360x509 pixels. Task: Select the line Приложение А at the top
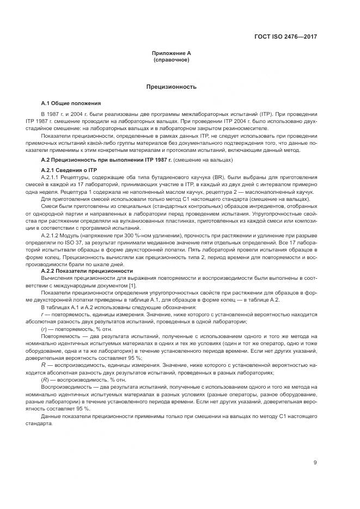172,53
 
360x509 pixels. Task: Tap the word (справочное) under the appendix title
172,59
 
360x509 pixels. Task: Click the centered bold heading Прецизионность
172,87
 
